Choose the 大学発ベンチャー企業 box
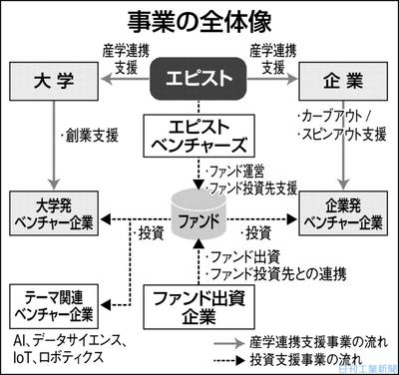point(55,214)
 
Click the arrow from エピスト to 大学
point(120,78)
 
